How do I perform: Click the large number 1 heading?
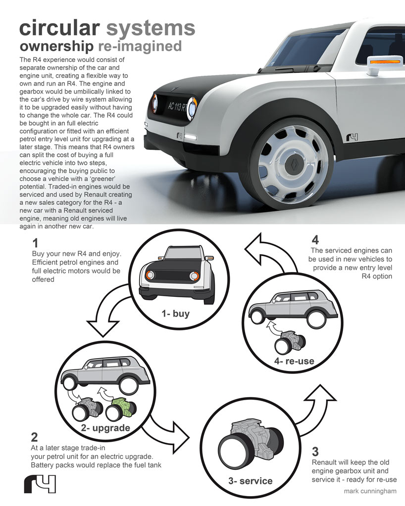pos(35,243)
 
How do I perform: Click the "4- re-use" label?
pos(294,361)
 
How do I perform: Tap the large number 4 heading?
pos(315,241)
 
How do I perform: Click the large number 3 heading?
pos(315,452)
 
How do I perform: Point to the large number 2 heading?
pos(34,437)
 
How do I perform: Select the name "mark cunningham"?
pos(370,491)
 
